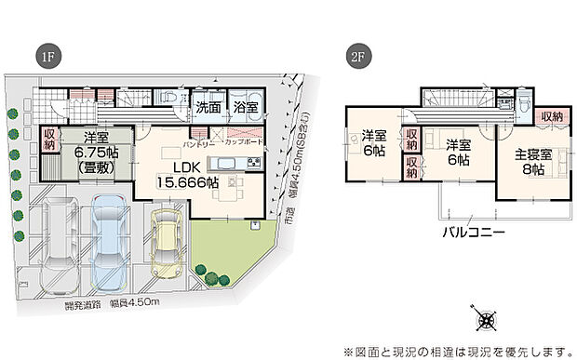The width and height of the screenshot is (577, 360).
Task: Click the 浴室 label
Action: (x=246, y=108)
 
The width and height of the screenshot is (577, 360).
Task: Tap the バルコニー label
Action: (x=474, y=233)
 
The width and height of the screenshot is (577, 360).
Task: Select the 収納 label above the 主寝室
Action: (x=550, y=115)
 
